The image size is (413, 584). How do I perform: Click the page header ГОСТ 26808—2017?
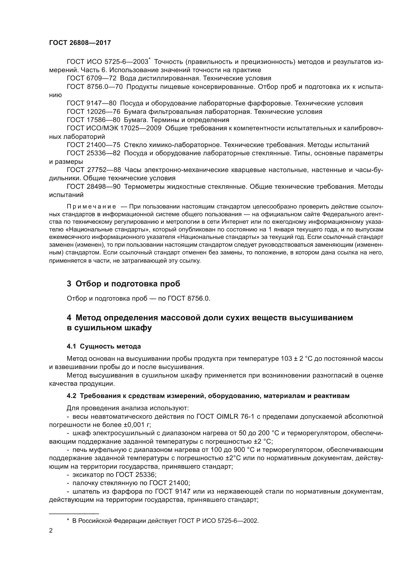tap(80, 43)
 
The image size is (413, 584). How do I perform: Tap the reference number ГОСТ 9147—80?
tap(91, 103)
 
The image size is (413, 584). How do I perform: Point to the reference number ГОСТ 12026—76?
tap(93, 112)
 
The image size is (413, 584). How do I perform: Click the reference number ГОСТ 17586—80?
tap(93, 120)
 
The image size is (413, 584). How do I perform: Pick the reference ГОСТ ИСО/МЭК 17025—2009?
tap(114, 128)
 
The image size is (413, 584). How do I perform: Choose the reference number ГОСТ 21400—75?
tap(93, 145)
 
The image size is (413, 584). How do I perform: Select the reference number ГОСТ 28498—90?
tap(93, 187)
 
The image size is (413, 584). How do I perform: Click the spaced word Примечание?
tap(91, 206)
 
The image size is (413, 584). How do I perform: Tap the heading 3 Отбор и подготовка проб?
tap(123, 284)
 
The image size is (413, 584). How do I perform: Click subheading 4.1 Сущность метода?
tap(104, 347)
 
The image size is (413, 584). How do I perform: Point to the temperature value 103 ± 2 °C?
tap(296, 359)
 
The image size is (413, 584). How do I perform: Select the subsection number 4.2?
tap(71, 396)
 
